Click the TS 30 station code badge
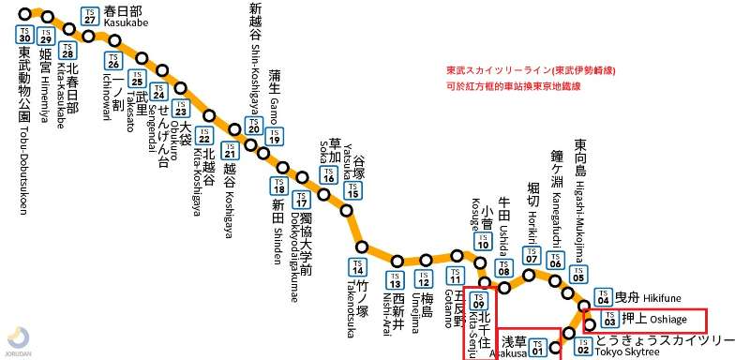25,34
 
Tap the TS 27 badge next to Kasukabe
89,17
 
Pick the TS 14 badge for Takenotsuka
356,267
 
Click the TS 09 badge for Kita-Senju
479,302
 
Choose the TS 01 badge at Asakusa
537,348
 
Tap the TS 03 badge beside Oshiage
609,319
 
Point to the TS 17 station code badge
301,199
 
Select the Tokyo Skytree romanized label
627,352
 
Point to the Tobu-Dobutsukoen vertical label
25,131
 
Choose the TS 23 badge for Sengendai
181,110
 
